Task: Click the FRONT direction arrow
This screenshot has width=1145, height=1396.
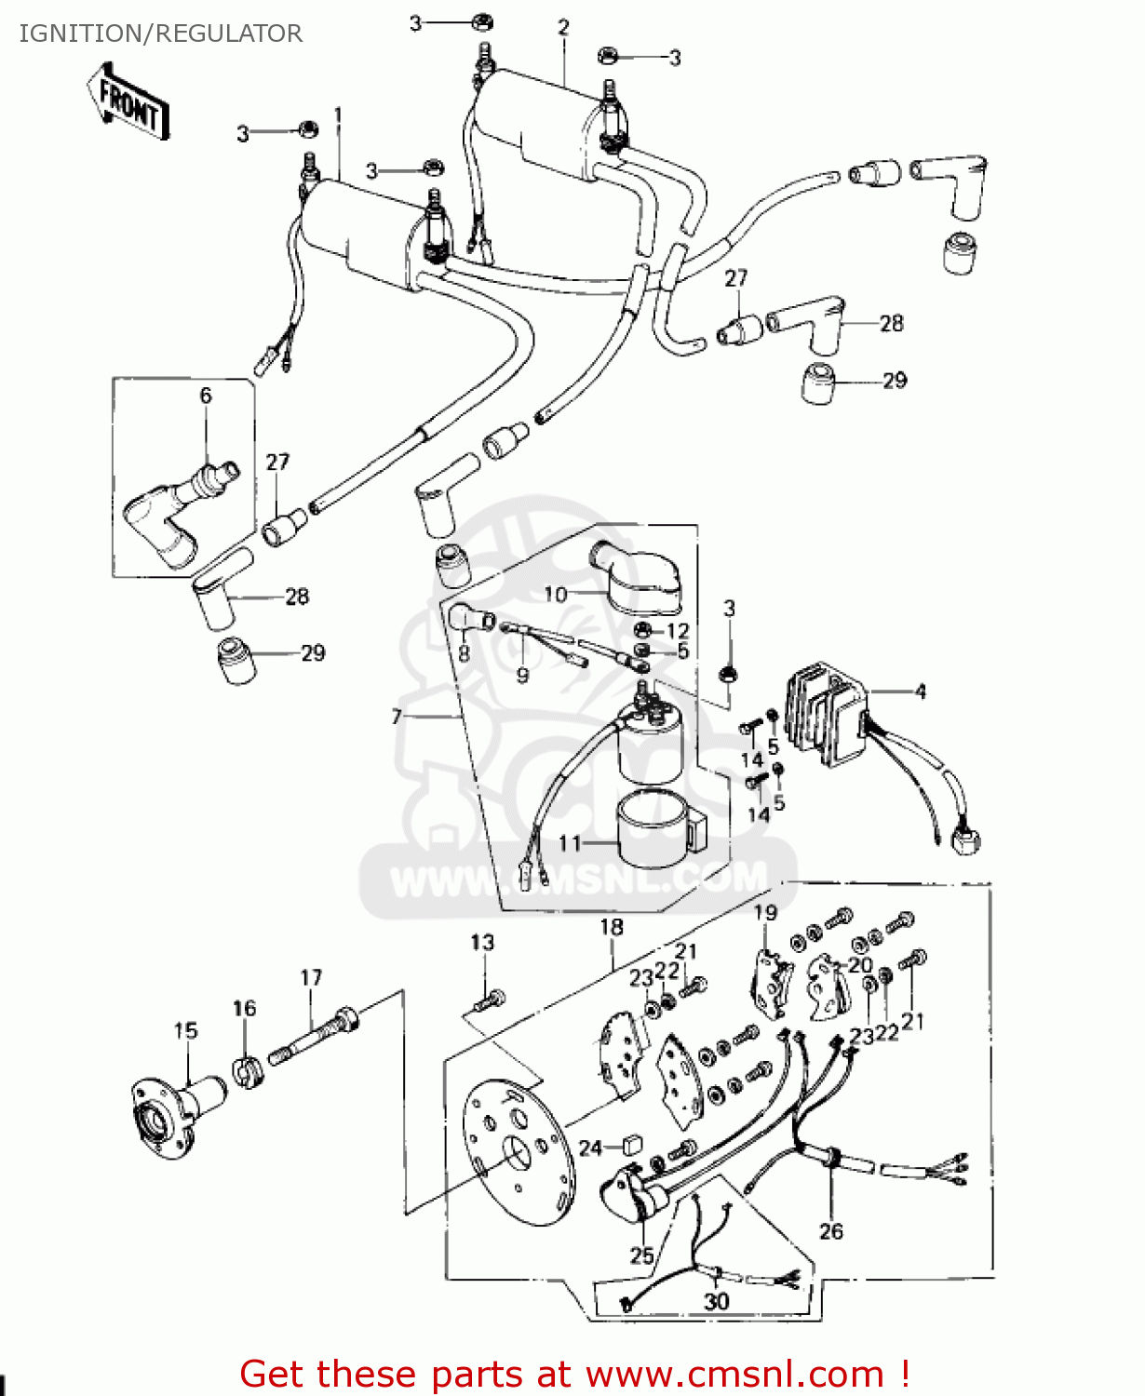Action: click(129, 103)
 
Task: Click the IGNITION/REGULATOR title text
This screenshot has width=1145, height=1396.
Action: click(160, 34)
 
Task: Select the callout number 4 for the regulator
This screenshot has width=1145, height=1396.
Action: click(920, 691)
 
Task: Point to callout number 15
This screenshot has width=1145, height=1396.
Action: click(185, 1030)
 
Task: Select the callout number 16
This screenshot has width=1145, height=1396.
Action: click(244, 1008)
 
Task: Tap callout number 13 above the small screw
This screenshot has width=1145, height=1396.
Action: click(482, 942)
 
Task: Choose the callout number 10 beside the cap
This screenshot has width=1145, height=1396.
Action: click(556, 594)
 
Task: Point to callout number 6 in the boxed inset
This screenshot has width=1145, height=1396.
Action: click(206, 396)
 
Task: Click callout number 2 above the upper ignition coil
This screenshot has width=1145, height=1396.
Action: click(563, 28)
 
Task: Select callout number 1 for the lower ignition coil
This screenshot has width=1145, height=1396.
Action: click(338, 115)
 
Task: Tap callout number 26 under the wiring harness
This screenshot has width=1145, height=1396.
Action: click(830, 1230)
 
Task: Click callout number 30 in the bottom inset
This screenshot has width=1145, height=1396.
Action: click(716, 1300)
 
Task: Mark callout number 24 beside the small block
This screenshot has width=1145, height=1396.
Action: click(590, 1148)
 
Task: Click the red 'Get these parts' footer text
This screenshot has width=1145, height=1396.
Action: click(574, 1374)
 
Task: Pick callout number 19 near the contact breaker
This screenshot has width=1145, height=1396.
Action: click(765, 912)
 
